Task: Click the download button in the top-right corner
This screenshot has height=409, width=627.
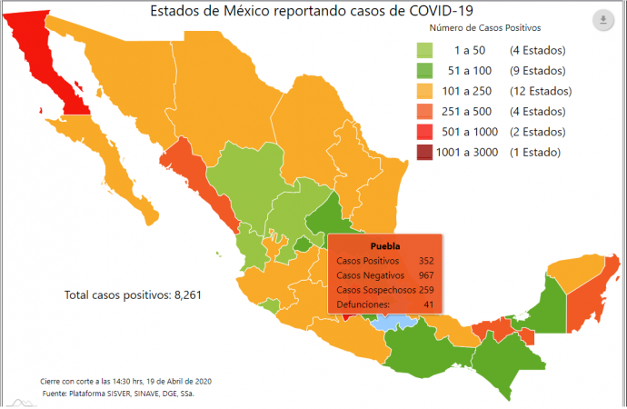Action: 603,20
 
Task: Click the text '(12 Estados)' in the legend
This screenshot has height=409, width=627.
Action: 541,91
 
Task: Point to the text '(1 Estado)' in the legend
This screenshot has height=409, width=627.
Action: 535,153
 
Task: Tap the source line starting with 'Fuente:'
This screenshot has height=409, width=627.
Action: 118,394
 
